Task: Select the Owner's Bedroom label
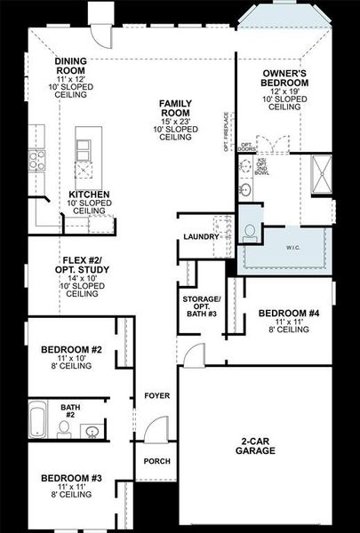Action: [284, 77]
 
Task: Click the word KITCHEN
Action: [89, 194]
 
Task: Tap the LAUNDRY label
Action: [201, 236]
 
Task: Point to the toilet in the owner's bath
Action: [251, 232]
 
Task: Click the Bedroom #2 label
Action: [71, 350]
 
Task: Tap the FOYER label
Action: [156, 395]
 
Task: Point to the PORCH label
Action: [156, 461]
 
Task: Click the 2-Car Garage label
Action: [254, 446]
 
